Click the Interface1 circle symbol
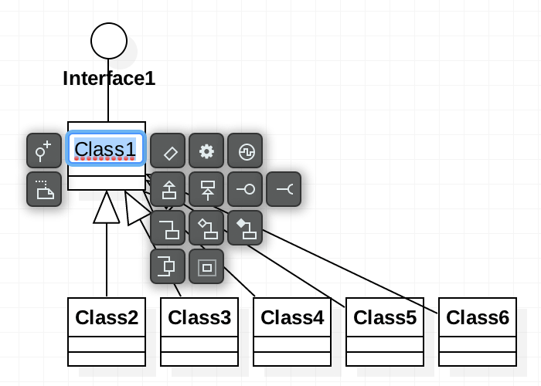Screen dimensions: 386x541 pyautogui.click(x=108, y=40)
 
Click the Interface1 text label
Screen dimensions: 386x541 pyautogui.click(x=109, y=78)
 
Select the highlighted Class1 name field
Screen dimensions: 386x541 pyautogui.click(x=106, y=148)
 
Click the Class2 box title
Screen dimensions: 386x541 pyautogui.click(x=107, y=317)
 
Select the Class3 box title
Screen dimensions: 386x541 pyautogui.click(x=199, y=317)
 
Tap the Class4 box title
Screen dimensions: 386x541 pyautogui.click(x=292, y=317)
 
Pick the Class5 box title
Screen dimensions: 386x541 pyautogui.click(x=385, y=317)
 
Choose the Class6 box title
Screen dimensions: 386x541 pyautogui.click(x=478, y=317)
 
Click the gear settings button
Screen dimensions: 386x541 pyautogui.click(x=206, y=151)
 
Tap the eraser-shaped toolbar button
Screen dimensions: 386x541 pyautogui.click(x=168, y=151)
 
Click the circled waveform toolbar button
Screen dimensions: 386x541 pyautogui.click(x=245, y=151)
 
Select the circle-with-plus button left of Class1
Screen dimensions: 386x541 pyautogui.click(x=44, y=151)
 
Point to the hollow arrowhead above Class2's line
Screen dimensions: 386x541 pyautogui.click(x=107, y=208)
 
